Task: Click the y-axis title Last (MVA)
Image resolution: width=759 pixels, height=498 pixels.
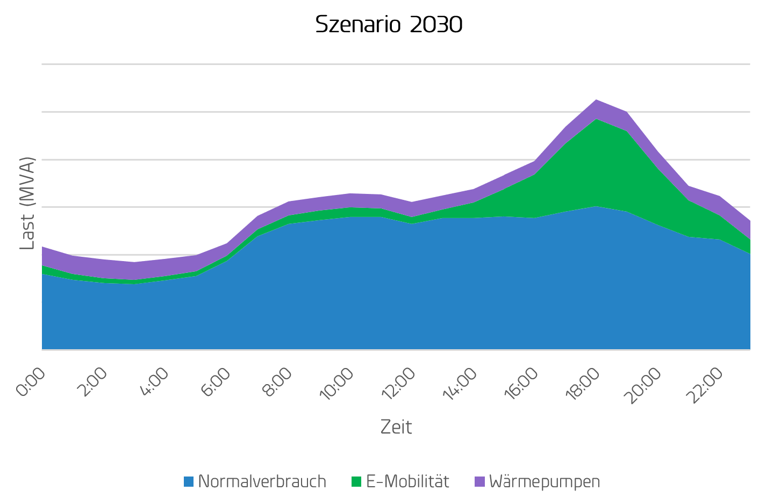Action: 27,203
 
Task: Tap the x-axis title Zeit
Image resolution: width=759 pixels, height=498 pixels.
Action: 396,427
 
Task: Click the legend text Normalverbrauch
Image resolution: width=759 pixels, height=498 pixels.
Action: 262,481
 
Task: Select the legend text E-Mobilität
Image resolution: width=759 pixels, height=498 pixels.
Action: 407,481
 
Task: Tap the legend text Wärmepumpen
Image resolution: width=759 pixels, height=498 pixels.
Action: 545,481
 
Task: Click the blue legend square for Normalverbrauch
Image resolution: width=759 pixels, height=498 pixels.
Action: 189,481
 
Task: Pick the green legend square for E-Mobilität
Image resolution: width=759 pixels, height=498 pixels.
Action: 357,481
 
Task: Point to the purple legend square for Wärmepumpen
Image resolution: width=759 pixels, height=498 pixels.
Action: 480,481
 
